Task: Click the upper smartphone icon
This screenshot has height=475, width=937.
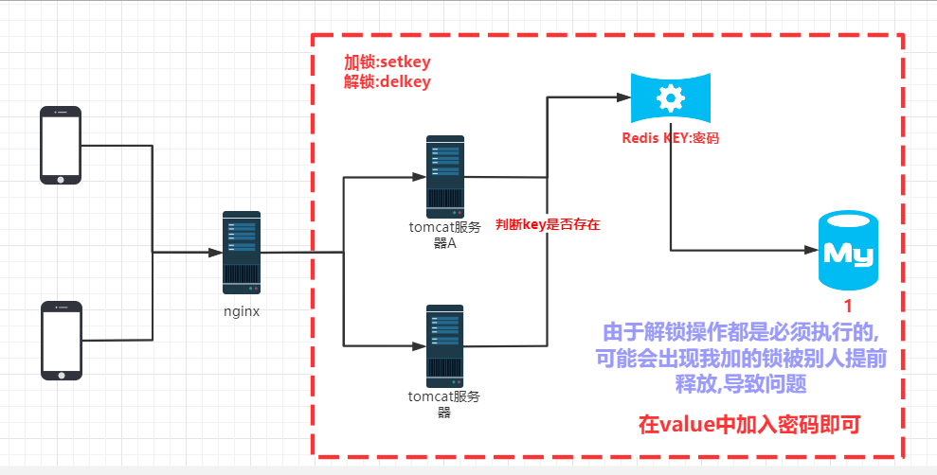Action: tap(61, 145)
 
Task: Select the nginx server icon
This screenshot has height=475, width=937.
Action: tap(241, 252)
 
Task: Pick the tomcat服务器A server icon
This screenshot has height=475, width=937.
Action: tap(444, 175)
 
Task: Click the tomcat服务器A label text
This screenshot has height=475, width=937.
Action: tap(444, 234)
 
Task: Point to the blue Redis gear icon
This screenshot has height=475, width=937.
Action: tap(670, 97)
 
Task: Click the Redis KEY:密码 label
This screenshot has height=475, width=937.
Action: tap(670, 138)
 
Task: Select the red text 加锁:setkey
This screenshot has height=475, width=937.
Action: tap(387, 62)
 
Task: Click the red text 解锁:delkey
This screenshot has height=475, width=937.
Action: tap(387, 82)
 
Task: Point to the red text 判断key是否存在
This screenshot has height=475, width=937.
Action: tap(549, 225)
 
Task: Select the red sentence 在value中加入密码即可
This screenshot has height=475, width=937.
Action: tap(748, 424)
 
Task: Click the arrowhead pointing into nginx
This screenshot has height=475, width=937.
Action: tap(216, 253)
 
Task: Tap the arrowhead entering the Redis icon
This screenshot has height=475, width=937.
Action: tap(623, 97)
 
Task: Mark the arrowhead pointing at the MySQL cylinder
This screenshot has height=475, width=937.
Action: tap(811, 251)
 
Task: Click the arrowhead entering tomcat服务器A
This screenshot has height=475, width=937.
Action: tap(419, 176)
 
